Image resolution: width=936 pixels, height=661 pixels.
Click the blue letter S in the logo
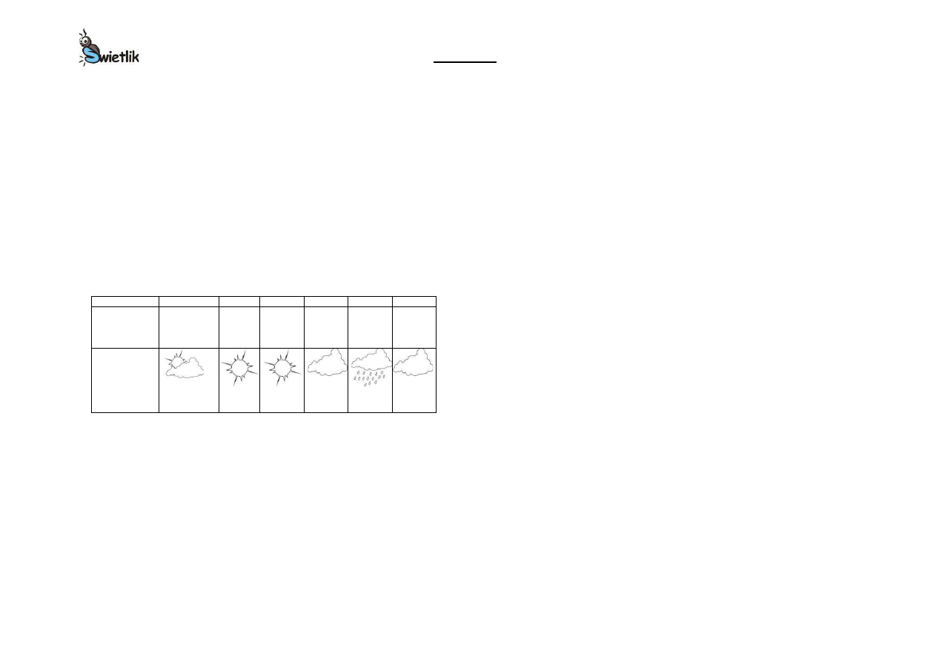[90, 55]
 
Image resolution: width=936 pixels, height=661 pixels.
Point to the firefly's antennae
[83, 33]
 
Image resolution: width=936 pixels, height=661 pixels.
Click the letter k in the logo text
[135, 56]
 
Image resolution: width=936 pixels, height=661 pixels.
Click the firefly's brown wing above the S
[94, 46]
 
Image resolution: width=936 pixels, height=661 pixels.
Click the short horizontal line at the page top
[465, 62]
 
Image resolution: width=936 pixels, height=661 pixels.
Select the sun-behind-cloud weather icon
[185, 364]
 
